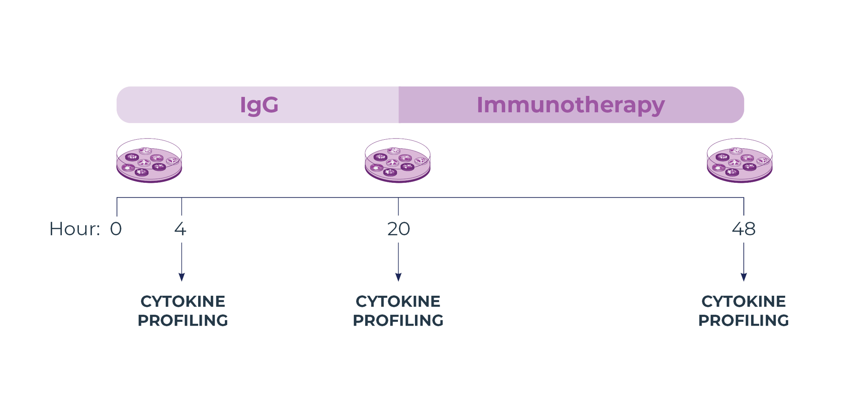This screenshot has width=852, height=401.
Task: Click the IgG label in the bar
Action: [x=259, y=105]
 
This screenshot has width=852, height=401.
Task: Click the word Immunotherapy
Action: [x=570, y=105]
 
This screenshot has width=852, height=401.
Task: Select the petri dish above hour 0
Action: [x=149, y=161]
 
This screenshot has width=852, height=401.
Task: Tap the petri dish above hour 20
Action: [x=397, y=161]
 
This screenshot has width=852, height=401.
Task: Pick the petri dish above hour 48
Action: [x=740, y=161]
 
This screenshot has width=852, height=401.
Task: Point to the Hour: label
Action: [x=75, y=229]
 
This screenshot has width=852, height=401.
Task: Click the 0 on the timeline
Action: [x=116, y=229]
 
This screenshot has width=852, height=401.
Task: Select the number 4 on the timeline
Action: [x=180, y=229]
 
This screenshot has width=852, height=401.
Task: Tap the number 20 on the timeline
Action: [x=398, y=229]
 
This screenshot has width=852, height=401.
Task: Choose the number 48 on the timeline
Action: [x=744, y=229]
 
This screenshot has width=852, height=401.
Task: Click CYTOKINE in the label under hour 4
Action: [x=183, y=301]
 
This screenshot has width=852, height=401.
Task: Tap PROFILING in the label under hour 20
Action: [x=398, y=320]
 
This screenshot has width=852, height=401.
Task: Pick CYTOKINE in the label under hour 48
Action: [x=743, y=301]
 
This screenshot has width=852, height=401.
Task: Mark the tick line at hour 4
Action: [x=181, y=206]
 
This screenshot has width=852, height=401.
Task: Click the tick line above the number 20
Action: [x=398, y=206]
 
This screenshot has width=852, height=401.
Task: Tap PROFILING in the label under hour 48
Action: [x=743, y=320]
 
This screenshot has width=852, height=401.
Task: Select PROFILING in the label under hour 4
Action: [x=183, y=320]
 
